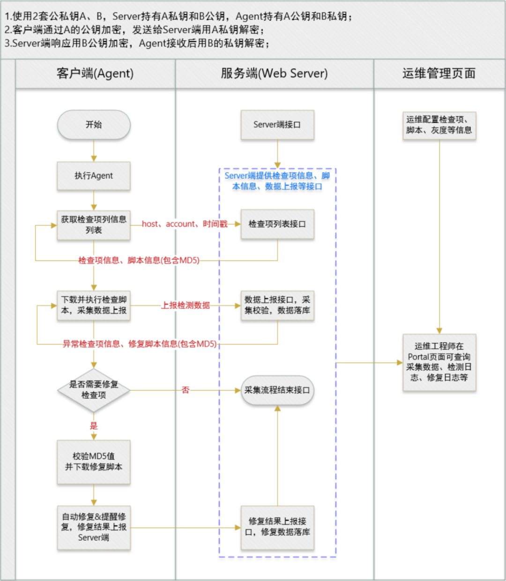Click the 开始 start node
click(94, 125)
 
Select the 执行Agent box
click(94, 176)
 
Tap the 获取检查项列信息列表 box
click(94, 225)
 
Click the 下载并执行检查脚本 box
click(94, 305)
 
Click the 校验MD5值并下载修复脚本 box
click(94, 462)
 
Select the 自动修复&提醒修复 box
click(94, 528)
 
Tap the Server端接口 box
click(277, 125)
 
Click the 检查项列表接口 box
click(277, 224)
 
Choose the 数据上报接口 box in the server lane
click(277, 305)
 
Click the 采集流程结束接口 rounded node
click(277, 390)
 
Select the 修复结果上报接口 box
click(277, 527)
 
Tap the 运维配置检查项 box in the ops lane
click(439, 125)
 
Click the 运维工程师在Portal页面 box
click(439, 362)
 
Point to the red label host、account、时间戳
click(185, 224)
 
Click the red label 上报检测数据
click(186, 305)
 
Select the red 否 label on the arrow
click(186, 390)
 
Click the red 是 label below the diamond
click(94, 426)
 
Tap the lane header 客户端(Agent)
click(95, 74)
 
